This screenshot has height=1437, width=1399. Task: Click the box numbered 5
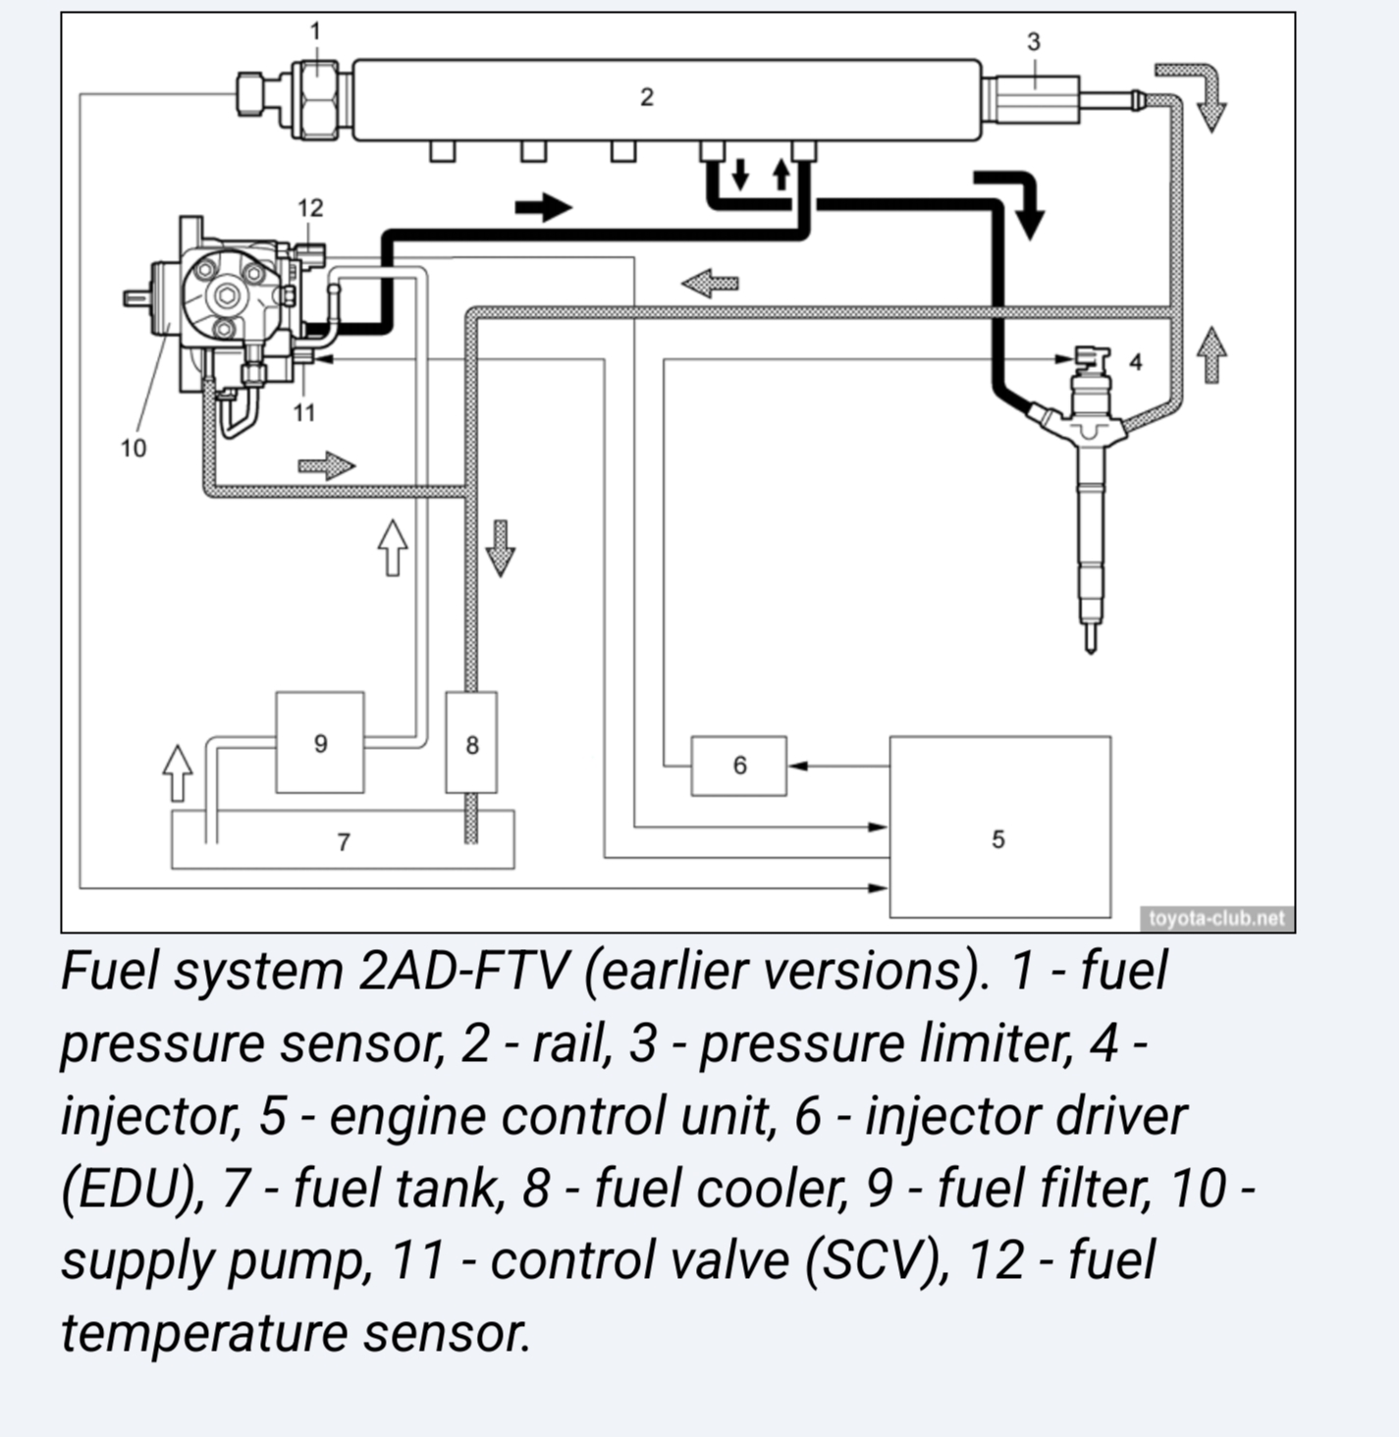tap(999, 826)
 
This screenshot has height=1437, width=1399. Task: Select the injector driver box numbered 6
tap(738, 766)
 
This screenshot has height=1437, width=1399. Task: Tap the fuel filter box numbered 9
tap(320, 742)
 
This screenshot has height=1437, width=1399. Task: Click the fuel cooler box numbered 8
tap(471, 742)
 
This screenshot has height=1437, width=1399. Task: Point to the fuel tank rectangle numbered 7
tap(343, 840)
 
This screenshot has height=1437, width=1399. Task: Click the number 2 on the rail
tap(646, 97)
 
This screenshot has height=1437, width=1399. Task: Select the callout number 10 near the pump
tap(134, 449)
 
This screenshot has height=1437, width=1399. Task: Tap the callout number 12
tap(310, 208)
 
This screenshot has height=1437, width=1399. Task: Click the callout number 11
tap(304, 413)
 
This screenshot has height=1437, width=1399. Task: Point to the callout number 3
tap(1033, 42)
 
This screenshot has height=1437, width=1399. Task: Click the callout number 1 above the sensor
tap(315, 31)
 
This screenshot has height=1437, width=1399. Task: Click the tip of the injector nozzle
tap(1090, 647)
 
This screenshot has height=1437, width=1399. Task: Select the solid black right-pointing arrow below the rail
tap(543, 207)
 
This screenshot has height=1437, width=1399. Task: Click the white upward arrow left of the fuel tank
tap(177, 772)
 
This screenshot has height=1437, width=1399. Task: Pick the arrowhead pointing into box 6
tap(797, 766)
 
